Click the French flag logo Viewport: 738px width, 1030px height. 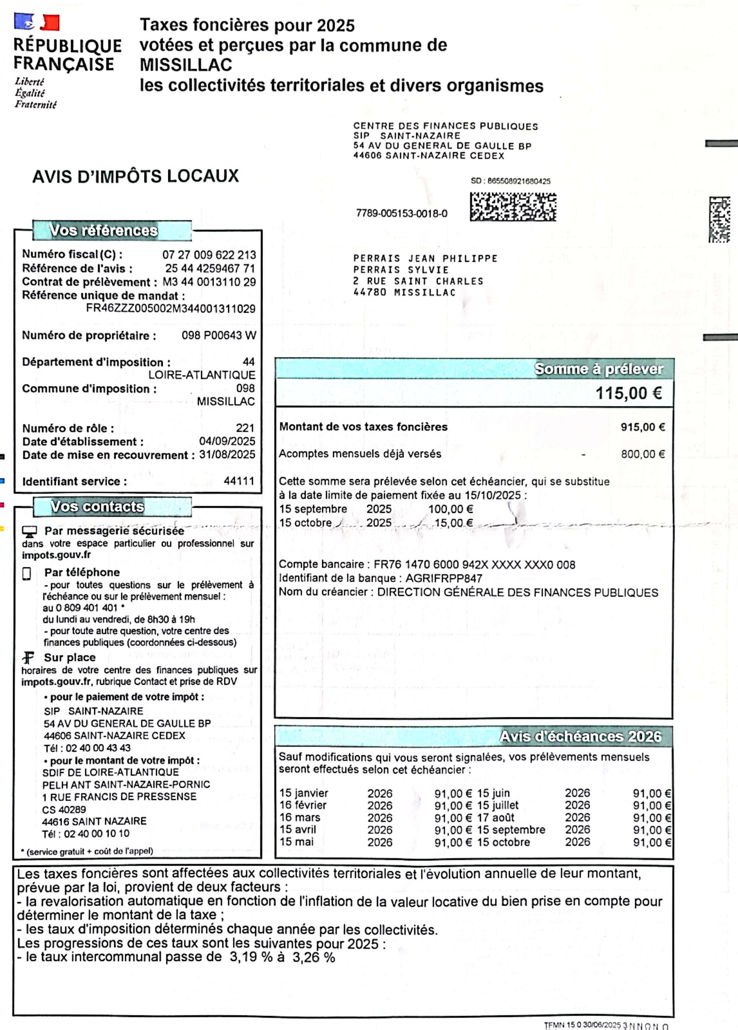tap(37, 22)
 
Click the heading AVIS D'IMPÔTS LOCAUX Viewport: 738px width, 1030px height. tap(135, 177)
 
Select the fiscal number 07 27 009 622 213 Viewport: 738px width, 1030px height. tap(209, 255)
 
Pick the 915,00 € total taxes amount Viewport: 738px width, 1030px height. tap(642, 427)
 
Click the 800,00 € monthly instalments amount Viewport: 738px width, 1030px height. tap(642, 454)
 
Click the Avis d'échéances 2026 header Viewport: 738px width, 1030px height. tap(580, 736)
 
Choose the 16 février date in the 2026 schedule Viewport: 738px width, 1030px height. tap(303, 805)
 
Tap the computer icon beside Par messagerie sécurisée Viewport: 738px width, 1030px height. tap(30, 531)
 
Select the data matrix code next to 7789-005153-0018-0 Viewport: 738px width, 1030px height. tap(513, 207)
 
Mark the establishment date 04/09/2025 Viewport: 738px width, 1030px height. tap(227, 441)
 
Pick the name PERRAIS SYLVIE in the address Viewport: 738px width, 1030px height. tap(401, 270)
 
